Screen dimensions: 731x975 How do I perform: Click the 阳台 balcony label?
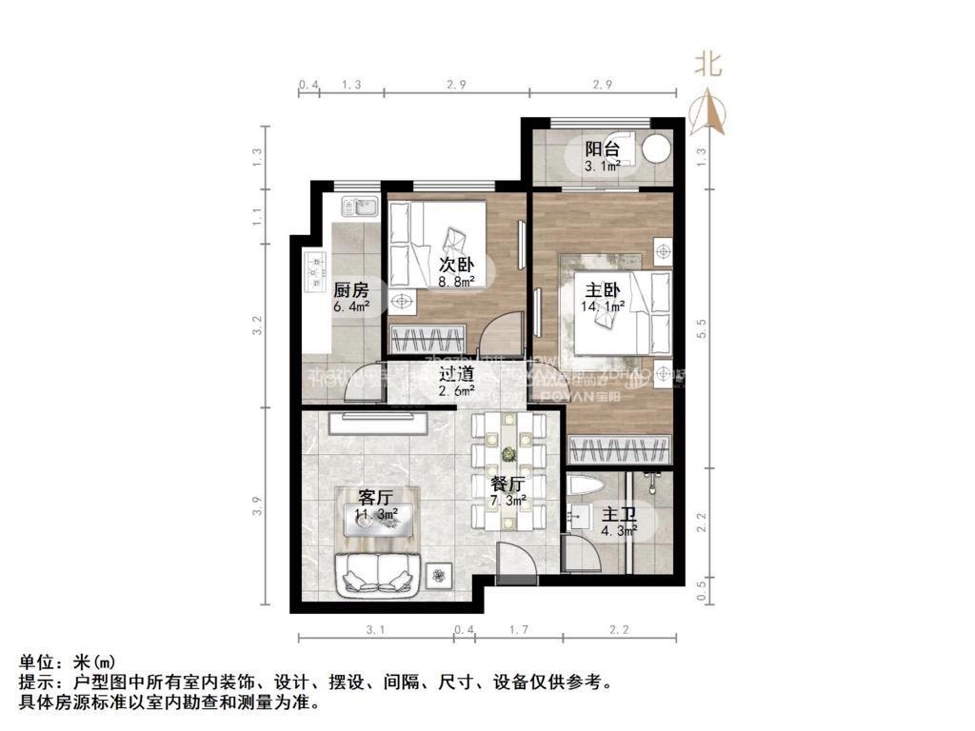(602, 149)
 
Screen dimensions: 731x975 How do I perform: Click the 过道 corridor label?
(457, 372)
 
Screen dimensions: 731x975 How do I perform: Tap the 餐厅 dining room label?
(505, 482)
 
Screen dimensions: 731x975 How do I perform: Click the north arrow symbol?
(708, 111)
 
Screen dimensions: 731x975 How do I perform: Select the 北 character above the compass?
(706, 65)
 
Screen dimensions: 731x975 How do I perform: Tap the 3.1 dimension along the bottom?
(375, 630)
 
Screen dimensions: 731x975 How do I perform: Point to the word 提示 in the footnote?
(35, 682)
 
